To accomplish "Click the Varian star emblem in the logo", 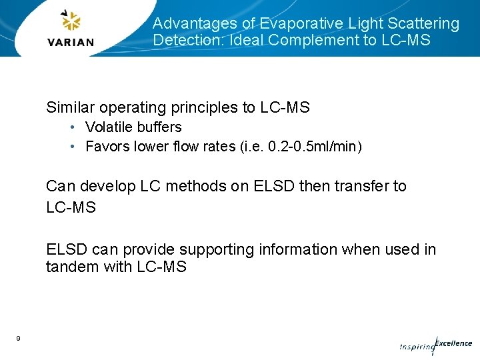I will [71, 21].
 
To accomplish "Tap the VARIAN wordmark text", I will [71, 42].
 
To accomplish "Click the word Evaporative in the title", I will [301, 24].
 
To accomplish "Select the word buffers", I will [159, 127].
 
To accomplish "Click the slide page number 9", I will [18, 339].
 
